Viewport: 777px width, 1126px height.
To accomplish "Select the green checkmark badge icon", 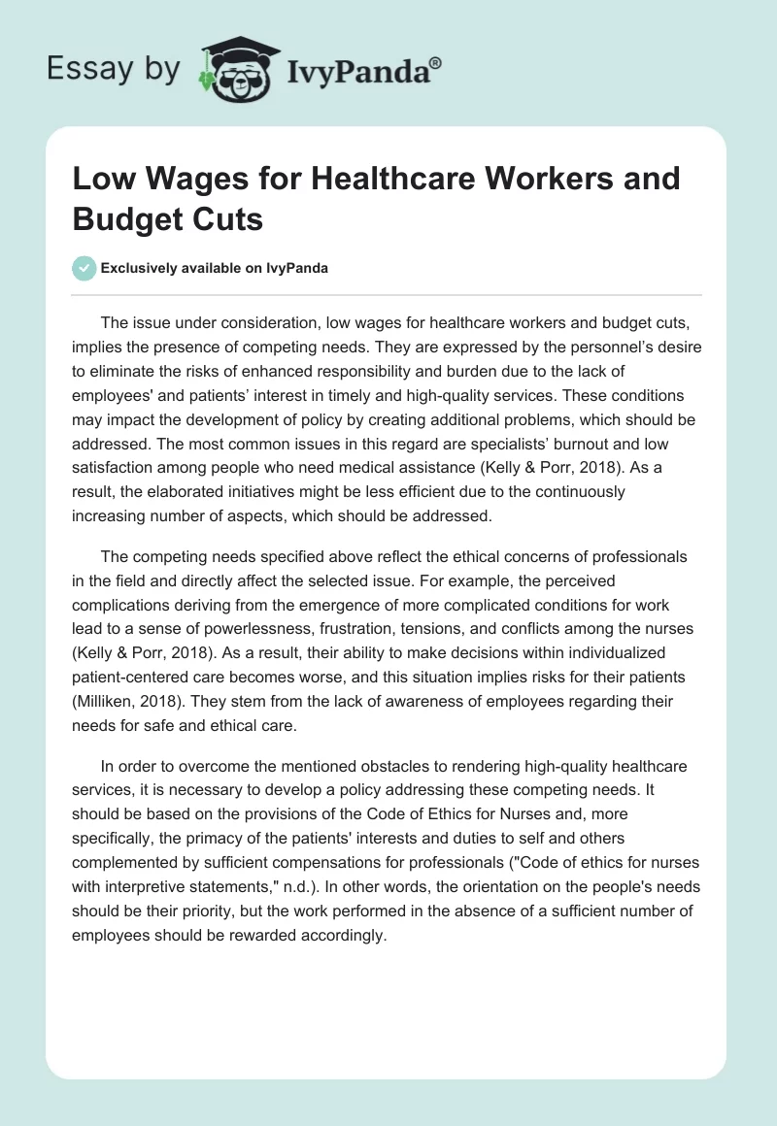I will coord(84,268).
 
